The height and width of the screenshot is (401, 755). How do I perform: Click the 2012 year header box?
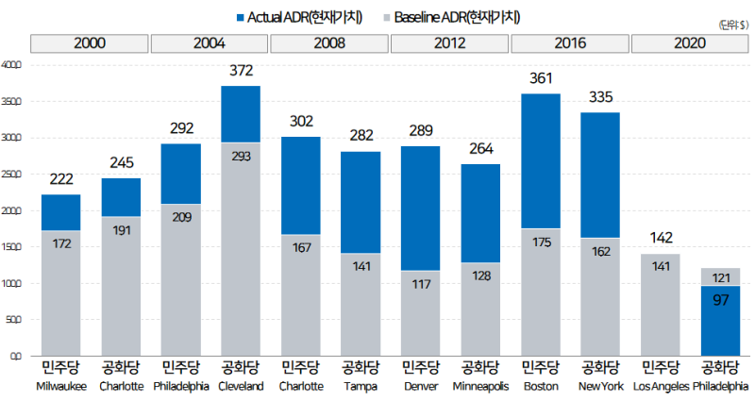click(x=450, y=43)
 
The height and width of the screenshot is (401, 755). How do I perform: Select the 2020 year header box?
click(x=691, y=43)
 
